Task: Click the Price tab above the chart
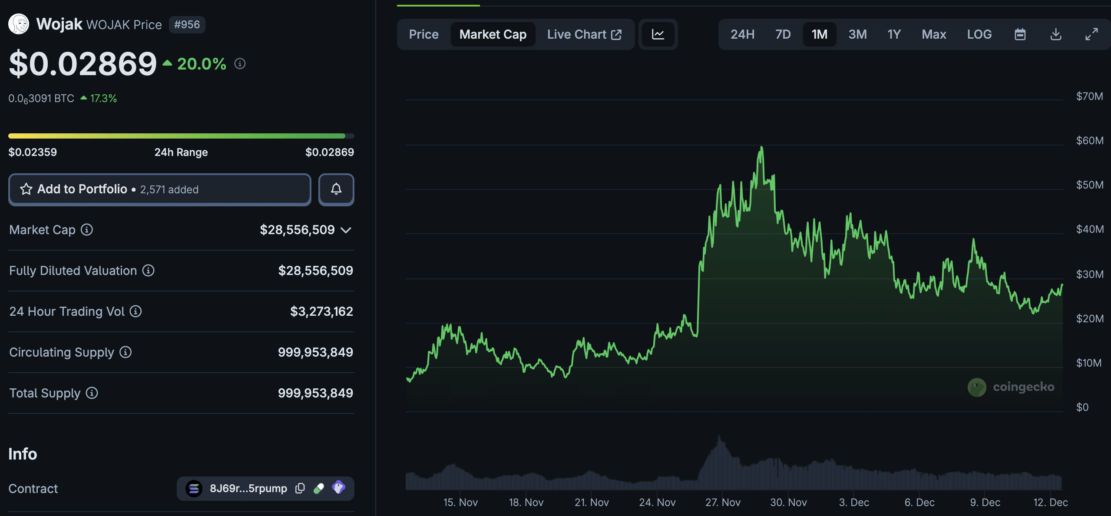point(423,34)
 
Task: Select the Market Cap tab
point(493,34)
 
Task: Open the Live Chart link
point(584,34)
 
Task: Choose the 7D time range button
point(783,34)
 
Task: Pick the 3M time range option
point(857,34)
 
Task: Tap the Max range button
point(934,34)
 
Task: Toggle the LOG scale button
point(979,34)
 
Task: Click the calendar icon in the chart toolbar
point(1020,34)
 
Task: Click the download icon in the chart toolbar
point(1055,34)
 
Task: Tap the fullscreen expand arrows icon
point(1091,34)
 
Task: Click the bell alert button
point(336,189)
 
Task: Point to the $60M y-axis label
point(1089,141)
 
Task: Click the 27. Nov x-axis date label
point(723,503)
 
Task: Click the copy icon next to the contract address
point(300,488)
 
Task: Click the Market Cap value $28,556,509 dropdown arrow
point(346,230)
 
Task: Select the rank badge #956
point(187,24)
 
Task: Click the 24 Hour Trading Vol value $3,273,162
point(321,311)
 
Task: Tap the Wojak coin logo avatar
point(19,24)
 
